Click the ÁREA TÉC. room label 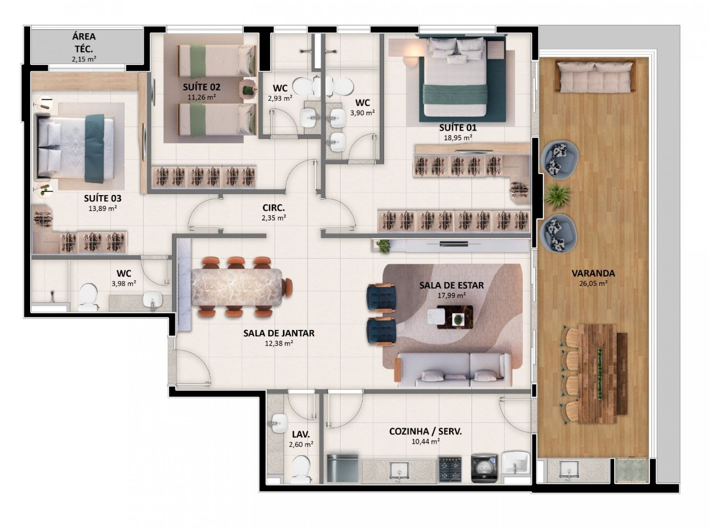pos(84,42)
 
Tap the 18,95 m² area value pos(458,138)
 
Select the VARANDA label pos(593,273)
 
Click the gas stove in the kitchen pos(450,469)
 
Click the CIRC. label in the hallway pos(273,208)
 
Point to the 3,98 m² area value pos(124,284)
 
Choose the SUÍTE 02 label pos(202,87)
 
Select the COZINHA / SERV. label pos(425,431)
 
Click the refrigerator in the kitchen pos(343,469)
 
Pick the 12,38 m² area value pos(279,343)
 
